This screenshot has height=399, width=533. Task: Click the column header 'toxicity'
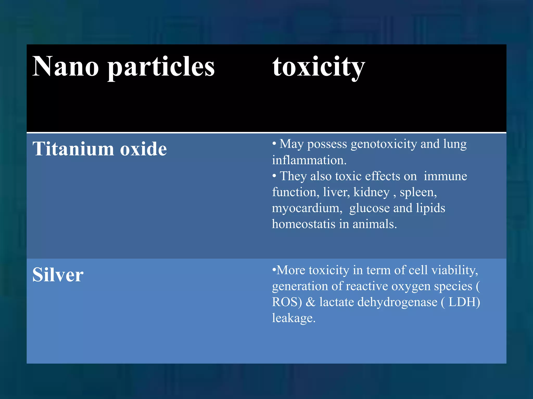click(x=319, y=67)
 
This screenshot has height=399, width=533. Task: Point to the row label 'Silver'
click(x=58, y=275)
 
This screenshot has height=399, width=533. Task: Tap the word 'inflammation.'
click(x=309, y=160)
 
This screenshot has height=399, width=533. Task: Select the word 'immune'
click(x=445, y=176)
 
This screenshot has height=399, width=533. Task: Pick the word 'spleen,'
click(x=418, y=192)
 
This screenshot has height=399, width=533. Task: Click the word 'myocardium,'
click(x=307, y=208)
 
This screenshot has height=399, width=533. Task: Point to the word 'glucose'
click(x=369, y=208)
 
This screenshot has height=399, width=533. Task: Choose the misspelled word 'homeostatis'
click(x=304, y=224)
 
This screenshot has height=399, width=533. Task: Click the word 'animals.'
click(x=375, y=224)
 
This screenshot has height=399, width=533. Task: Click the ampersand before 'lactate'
click(x=310, y=302)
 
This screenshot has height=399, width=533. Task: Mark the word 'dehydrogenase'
click(x=397, y=302)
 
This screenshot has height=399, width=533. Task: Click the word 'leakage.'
click(x=294, y=318)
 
